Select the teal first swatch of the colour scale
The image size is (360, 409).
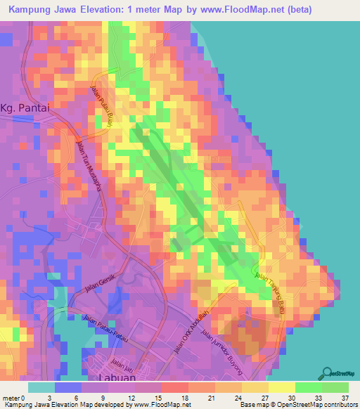41,387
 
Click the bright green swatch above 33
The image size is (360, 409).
309,387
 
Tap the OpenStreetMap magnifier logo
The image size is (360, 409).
328,373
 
